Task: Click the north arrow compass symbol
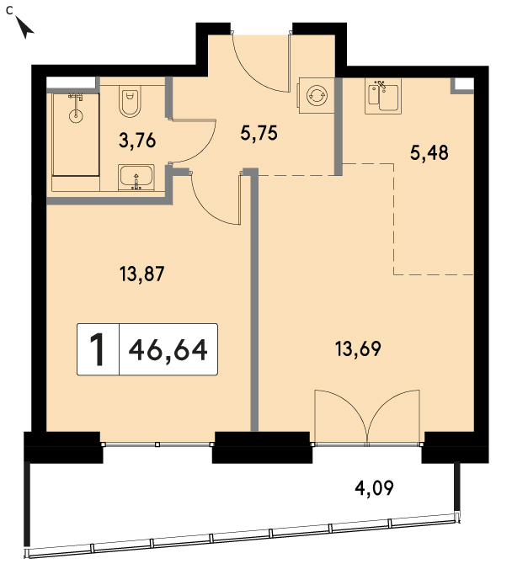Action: click(24, 28)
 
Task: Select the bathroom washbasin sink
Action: click(136, 178)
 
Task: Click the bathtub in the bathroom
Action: click(76, 135)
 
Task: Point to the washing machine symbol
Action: click(317, 95)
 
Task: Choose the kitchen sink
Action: click(383, 96)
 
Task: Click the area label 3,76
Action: click(137, 141)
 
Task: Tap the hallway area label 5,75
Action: click(259, 133)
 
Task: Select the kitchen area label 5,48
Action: click(429, 152)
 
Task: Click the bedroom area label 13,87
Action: click(141, 274)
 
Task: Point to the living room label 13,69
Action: click(358, 348)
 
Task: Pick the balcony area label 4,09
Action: click(374, 487)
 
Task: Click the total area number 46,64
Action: click(168, 349)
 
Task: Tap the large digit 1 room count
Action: click(98, 349)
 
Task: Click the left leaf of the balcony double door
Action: click(341, 416)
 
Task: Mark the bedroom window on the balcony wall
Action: click(157, 444)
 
